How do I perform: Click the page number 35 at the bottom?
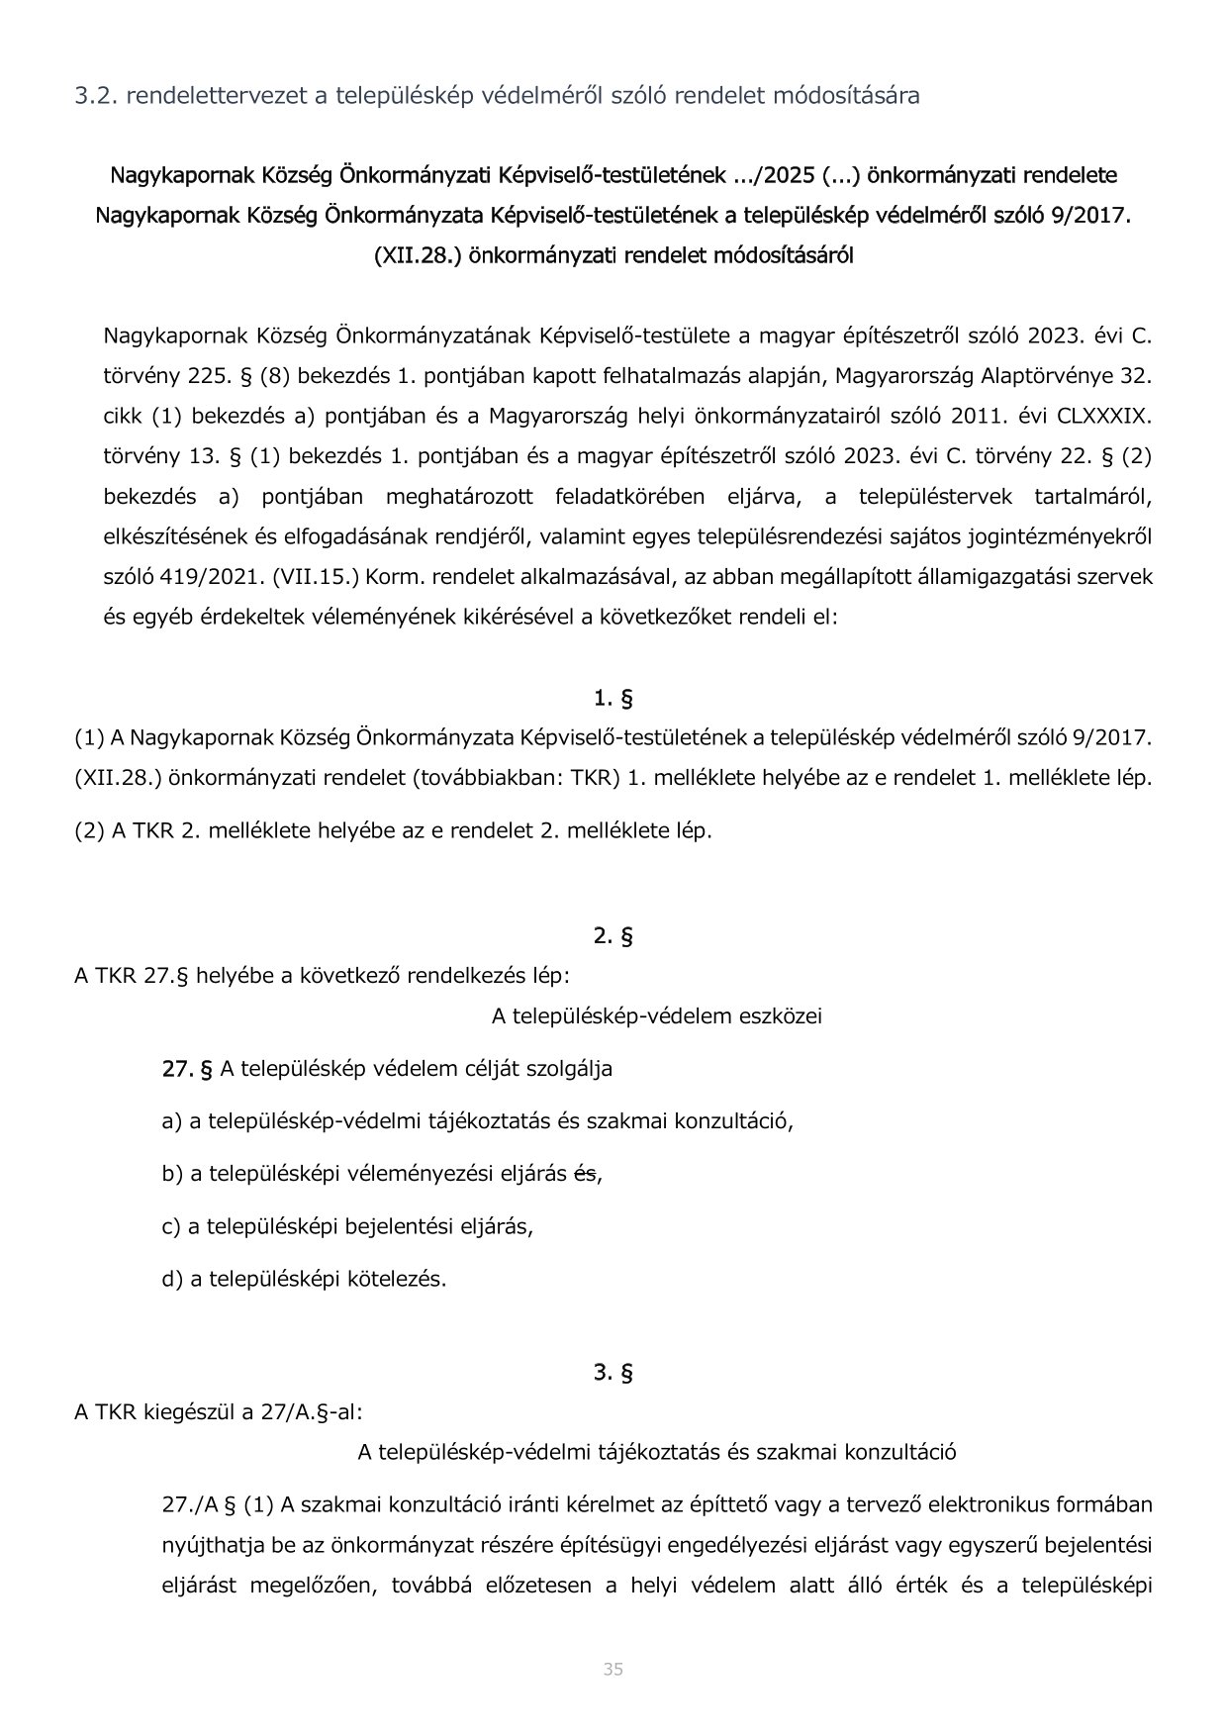[x=613, y=1670]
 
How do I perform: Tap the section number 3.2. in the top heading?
[x=95, y=96]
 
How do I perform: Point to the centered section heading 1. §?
[x=613, y=699]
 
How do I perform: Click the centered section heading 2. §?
[x=613, y=936]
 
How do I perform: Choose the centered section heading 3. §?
[x=613, y=1373]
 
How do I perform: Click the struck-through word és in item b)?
[x=586, y=1174]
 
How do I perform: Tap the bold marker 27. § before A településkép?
[x=188, y=1069]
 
